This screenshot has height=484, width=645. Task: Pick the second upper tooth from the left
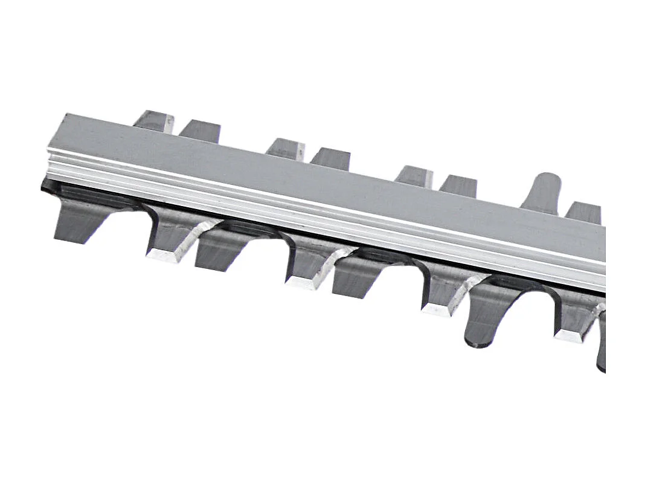click(x=201, y=131)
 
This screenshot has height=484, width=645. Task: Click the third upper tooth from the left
click(x=286, y=149)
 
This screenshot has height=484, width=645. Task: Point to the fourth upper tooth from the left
click(x=331, y=158)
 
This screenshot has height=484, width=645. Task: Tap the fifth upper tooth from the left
click(x=414, y=176)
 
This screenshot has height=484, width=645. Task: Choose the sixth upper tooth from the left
click(x=458, y=186)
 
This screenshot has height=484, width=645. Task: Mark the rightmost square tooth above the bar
click(x=583, y=212)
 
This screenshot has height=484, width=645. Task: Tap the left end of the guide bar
click(x=57, y=145)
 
